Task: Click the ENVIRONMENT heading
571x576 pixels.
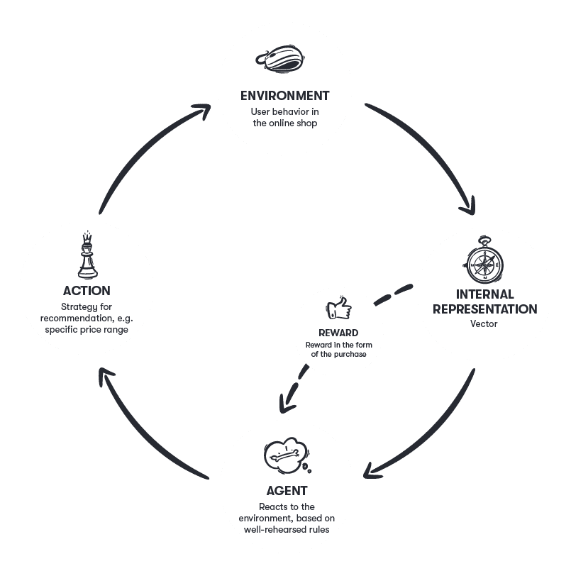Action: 284,95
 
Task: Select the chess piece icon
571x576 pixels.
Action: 87,255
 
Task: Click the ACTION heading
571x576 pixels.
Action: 87,290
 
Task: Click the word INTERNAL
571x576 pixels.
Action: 484,294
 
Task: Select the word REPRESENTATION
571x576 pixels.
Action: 484,309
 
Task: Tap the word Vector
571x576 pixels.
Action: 484,324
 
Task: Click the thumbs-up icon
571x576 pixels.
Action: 338,309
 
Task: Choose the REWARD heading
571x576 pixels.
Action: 338,333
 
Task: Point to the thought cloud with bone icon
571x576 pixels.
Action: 286,458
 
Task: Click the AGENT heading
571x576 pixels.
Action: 287,490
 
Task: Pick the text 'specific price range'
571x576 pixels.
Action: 87,330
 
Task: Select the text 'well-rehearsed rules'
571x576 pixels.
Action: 287,530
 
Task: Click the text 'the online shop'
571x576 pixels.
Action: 284,123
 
